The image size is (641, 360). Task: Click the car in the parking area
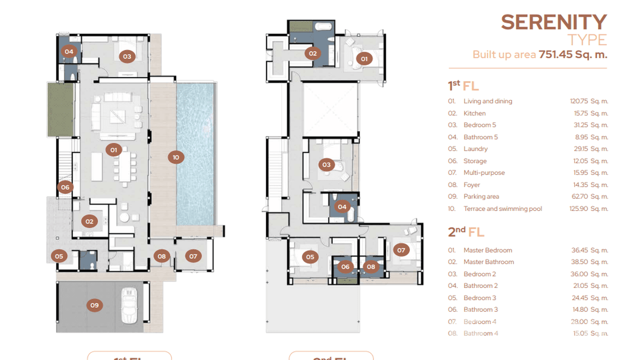coord(128,305)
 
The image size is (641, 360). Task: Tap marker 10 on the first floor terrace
coord(176,157)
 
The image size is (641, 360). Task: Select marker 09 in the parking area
coord(94,305)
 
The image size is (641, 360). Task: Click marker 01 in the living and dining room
coord(114,150)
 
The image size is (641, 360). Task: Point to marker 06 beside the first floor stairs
coord(65,187)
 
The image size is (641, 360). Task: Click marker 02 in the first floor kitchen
coord(89,221)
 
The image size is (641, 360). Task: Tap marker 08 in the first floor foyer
coord(161,256)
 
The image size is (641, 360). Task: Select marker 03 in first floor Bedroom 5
coord(127,56)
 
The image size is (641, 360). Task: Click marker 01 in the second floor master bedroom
coord(364,59)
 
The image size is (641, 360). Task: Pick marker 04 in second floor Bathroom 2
coord(342,207)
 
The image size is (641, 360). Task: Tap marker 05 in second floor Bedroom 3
coord(310,257)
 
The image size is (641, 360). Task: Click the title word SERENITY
coord(554,22)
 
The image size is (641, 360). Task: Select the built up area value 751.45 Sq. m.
coord(573,54)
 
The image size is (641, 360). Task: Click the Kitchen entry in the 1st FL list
coord(474,113)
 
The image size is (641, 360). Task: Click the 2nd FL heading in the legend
coord(466,232)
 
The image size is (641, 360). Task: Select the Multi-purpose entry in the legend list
coord(484,172)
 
